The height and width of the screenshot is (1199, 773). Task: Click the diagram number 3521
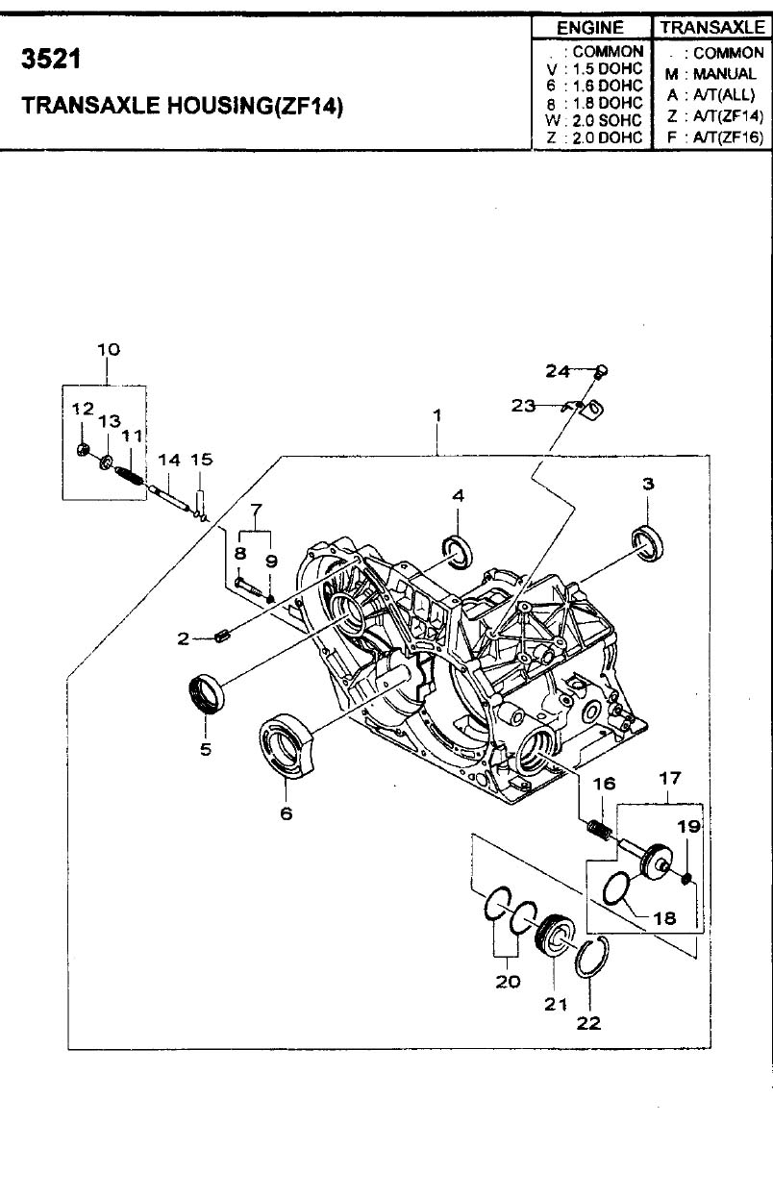pos(51,59)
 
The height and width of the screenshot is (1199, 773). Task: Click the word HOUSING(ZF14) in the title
pos(256,106)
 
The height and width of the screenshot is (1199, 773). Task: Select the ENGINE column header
pos(590,28)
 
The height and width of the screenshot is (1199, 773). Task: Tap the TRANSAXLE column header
pos(712,27)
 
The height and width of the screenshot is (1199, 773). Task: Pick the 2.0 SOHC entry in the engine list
pos(607,120)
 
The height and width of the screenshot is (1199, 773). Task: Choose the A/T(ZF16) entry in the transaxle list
pos(728,137)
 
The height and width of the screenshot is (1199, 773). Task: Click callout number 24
pos(558,371)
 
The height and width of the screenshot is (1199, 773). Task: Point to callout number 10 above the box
pos(108,350)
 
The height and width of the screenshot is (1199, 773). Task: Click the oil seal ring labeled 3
pos(647,544)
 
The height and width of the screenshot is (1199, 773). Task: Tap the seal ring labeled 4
pos(458,552)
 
